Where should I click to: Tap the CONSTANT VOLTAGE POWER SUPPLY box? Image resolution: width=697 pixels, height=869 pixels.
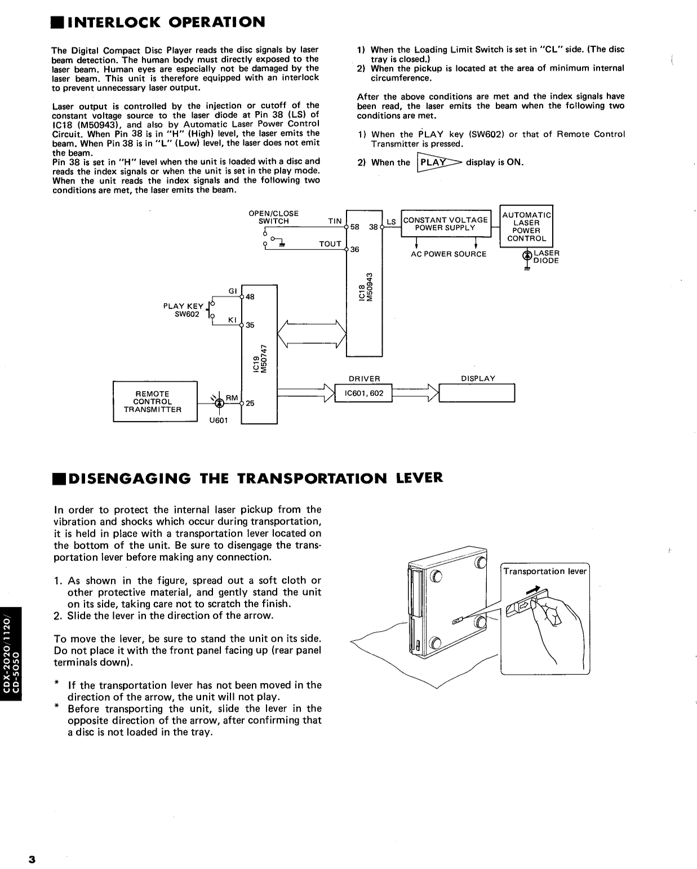pos(446,224)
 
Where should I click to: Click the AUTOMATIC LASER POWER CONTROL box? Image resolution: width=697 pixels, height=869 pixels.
pos(526,226)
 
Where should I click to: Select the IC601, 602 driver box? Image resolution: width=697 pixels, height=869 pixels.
pos(363,393)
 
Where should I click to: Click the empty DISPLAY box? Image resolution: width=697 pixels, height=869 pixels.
pos(477,393)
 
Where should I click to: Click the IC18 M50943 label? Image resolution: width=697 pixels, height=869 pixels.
pos(366,287)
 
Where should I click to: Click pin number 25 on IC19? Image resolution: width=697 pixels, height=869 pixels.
pos(250,403)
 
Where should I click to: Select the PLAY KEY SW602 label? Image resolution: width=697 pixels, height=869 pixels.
pos(184,310)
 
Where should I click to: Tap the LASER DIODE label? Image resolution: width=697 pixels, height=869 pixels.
pos(545,257)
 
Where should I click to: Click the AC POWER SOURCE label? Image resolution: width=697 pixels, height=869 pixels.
pos(448,254)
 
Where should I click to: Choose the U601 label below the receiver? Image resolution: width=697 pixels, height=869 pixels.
pos(218,420)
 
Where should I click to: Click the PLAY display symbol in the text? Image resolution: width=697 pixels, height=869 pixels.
pos(438,162)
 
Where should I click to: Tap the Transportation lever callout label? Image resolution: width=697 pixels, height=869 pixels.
pos(544,571)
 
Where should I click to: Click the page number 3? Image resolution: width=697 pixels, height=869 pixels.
pos(32,859)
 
